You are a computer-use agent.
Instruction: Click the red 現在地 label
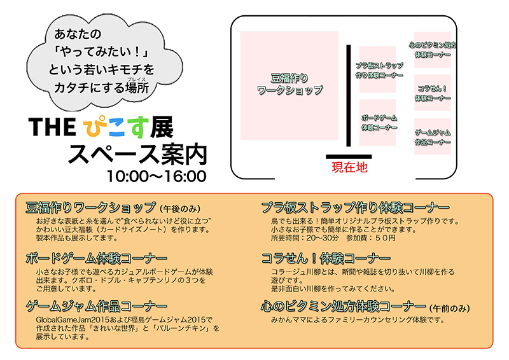pyautogui.click(x=349, y=167)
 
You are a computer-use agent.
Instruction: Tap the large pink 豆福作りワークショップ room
pyautogui.click(x=289, y=85)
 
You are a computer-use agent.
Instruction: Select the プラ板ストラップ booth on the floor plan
pyautogui.click(x=377, y=69)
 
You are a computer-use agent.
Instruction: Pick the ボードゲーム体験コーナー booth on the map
pyautogui.click(x=377, y=122)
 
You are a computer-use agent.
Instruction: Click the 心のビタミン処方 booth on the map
pyautogui.click(x=433, y=50)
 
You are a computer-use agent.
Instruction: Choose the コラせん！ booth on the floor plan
pyautogui.click(x=433, y=93)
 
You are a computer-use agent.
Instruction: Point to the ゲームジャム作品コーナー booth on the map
pyautogui.click(x=433, y=136)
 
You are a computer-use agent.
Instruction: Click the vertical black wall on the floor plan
pyautogui.click(x=349, y=96)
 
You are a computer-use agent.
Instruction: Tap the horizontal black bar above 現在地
pyautogui.click(x=349, y=156)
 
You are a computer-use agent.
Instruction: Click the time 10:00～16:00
pyautogui.click(x=157, y=176)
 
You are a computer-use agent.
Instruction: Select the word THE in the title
pyautogui.click(x=52, y=127)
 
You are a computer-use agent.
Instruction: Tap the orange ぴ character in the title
pyautogui.click(x=94, y=127)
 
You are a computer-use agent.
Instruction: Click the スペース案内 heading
pyautogui.click(x=137, y=154)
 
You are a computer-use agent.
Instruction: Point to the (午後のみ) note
pyautogui.click(x=181, y=209)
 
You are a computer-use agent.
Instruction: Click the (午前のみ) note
pyautogui.click(x=450, y=308)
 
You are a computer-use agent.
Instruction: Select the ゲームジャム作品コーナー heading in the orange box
pyautogui.click(x=97, y=306)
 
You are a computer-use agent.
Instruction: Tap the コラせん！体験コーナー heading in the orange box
pyautogui.click(x=326, y=258)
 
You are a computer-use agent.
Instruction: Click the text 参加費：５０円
pyautogui.click(x=371, y=238)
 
